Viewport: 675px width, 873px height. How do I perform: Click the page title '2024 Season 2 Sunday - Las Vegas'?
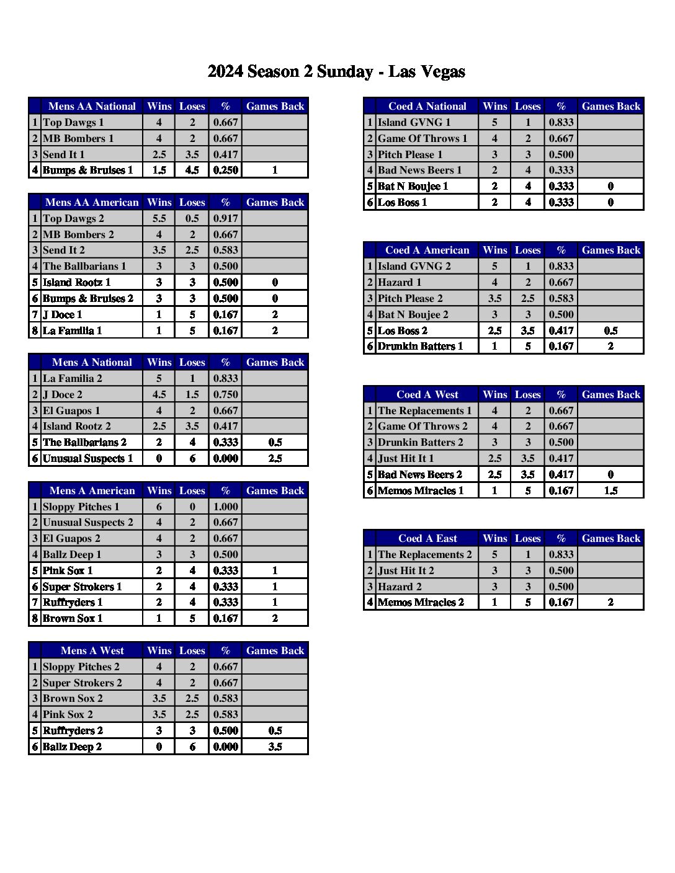[336, 72]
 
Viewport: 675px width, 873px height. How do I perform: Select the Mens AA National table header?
[92, 106]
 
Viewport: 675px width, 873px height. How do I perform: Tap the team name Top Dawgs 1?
[73, 122]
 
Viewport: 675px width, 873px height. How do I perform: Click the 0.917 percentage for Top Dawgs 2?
[225, 218]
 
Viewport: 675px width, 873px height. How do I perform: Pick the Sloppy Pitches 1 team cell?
[81, 507]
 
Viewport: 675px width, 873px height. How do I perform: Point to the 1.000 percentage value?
[225, 507]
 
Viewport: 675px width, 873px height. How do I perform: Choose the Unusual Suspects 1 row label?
[87, 458]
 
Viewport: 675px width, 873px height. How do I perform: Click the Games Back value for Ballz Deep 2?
[275, 747]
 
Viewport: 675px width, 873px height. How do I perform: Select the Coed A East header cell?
[427, 538]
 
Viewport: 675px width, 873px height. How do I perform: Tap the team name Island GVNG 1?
[414, 122]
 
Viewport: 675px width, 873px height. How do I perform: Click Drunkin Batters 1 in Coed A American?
[420, 346]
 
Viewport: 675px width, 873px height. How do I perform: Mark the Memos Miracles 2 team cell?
[421, 602]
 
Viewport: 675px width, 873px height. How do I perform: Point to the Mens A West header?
[92, 650]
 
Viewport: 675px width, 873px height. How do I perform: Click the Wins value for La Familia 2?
[159, 378]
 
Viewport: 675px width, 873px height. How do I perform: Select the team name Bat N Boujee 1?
[413, 186]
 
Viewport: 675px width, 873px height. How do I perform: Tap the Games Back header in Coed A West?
[610, 394]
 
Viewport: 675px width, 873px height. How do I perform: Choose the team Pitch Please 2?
[410, 298]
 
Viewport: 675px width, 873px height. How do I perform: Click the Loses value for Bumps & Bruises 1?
[192, 170]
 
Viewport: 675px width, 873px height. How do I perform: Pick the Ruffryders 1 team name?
[73, 602]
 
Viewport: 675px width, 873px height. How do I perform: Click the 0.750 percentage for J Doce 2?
[225, 394]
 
